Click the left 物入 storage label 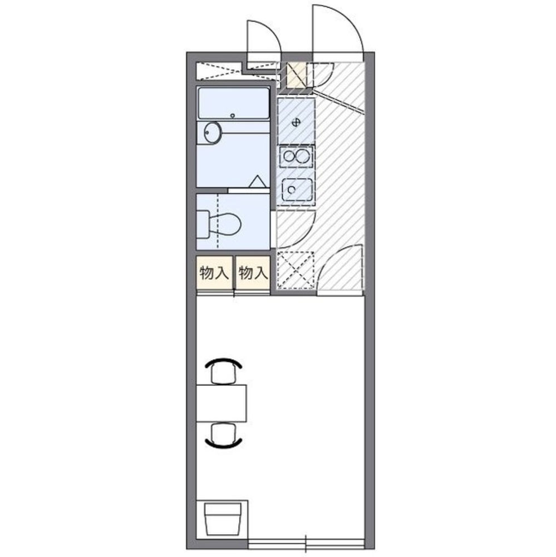click(x=214, y=273)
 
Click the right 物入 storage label click(x=253, y=273)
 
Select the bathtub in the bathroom click(x=233, y=103)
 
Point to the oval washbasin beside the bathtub click(x=213, y=133)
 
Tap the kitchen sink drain click(x=292, y=190)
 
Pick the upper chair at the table click(x=224, y=370)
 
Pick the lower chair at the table click(x=224, y=434)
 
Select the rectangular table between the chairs click(x=222, y=403)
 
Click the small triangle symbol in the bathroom click(x=257, y=182)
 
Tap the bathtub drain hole click(x=233, y=115)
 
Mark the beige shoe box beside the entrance click(x=297, y=76)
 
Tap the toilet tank click(x=203, y=224)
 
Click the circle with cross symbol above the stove click(x=296, y=123)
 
